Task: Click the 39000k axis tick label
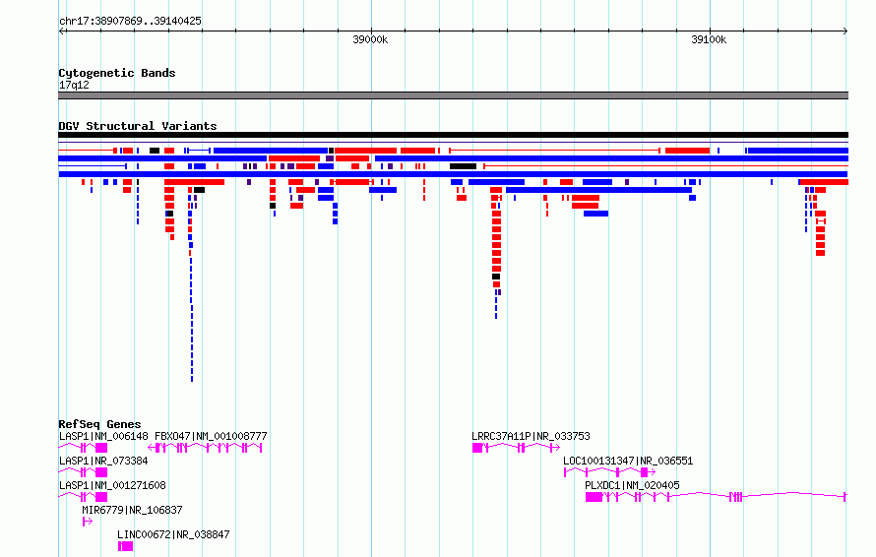point(370,39)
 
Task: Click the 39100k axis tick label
point(709,39)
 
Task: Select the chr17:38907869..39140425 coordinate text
point(130,22)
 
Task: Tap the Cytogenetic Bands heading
point(117,73)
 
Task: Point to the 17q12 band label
point(74,85)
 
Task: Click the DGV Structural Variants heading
point(138,126)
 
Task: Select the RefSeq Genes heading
point(99,424)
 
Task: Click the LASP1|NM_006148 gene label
point(103,436)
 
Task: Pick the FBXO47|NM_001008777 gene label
point(211,436)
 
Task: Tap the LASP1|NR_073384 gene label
point(103,461)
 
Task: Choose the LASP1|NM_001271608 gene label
point(112,485)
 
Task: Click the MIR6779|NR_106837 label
point(132,510)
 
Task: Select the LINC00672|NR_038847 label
point(173,534)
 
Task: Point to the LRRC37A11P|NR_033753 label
point(531,436)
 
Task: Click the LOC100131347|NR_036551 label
point(628,461)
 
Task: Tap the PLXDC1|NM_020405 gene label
point(632,485)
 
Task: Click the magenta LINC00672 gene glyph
point(125,546)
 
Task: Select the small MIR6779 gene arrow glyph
point(87,522)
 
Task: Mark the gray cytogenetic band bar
point(453,95)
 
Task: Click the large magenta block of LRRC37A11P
point(477,448)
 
